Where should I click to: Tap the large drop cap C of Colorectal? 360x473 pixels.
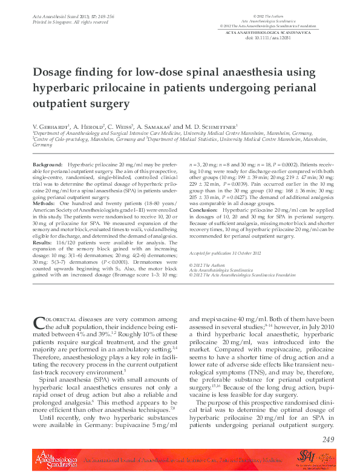pos(38,322)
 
